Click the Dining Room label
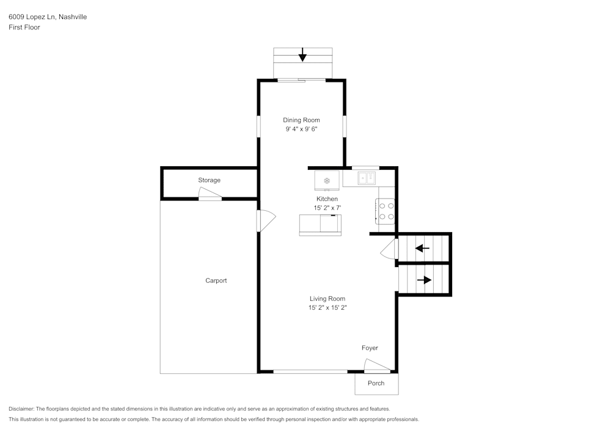tap(301, 120)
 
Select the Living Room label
tap(327, 299)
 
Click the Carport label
tap(216, 280)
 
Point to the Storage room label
tap(209, 180)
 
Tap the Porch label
tap(376, 383)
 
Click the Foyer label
tap(370, 348)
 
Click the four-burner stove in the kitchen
tap(386, 211)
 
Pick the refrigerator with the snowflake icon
tap(327, 181)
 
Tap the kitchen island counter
tap(320, 224)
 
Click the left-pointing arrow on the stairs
tap(422, 248)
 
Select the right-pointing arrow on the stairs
tap(425, 280)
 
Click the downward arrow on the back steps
tap(302, 56)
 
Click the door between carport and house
tap(266, 220)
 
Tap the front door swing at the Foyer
tap(376, 366)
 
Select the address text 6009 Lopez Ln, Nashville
tap(48, 17)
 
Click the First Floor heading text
tap(24, 27)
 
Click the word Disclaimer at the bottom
tap(21, 409)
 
